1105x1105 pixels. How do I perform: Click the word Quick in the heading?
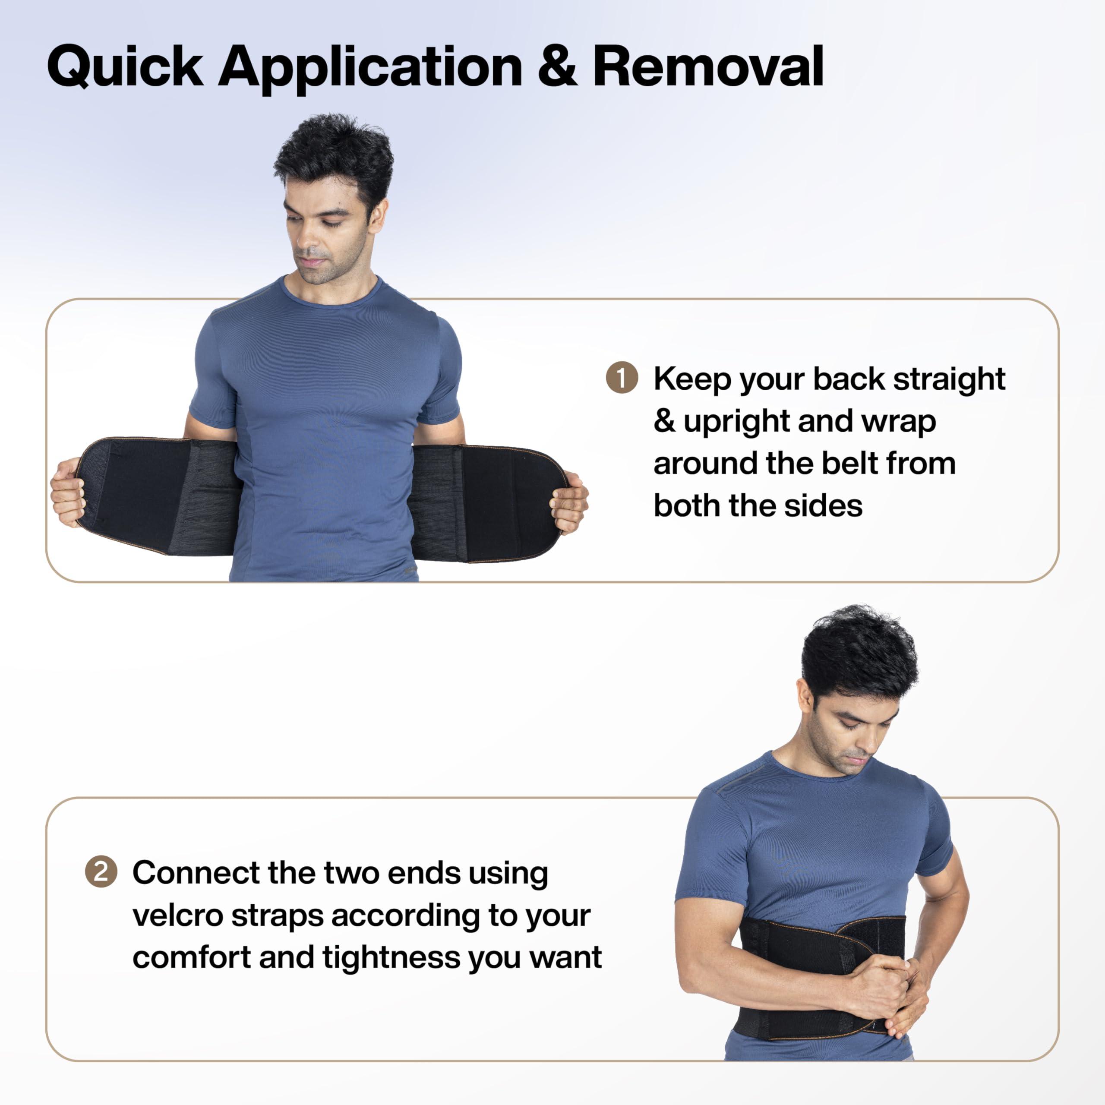(x=125, y=67)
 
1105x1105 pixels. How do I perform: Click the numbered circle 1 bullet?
(x=622, y=378)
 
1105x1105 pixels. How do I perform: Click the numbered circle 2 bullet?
(x=101, y=871)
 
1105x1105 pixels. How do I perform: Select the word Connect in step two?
(x=196, y=873)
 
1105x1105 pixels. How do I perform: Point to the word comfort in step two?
(x=191, y=957)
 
